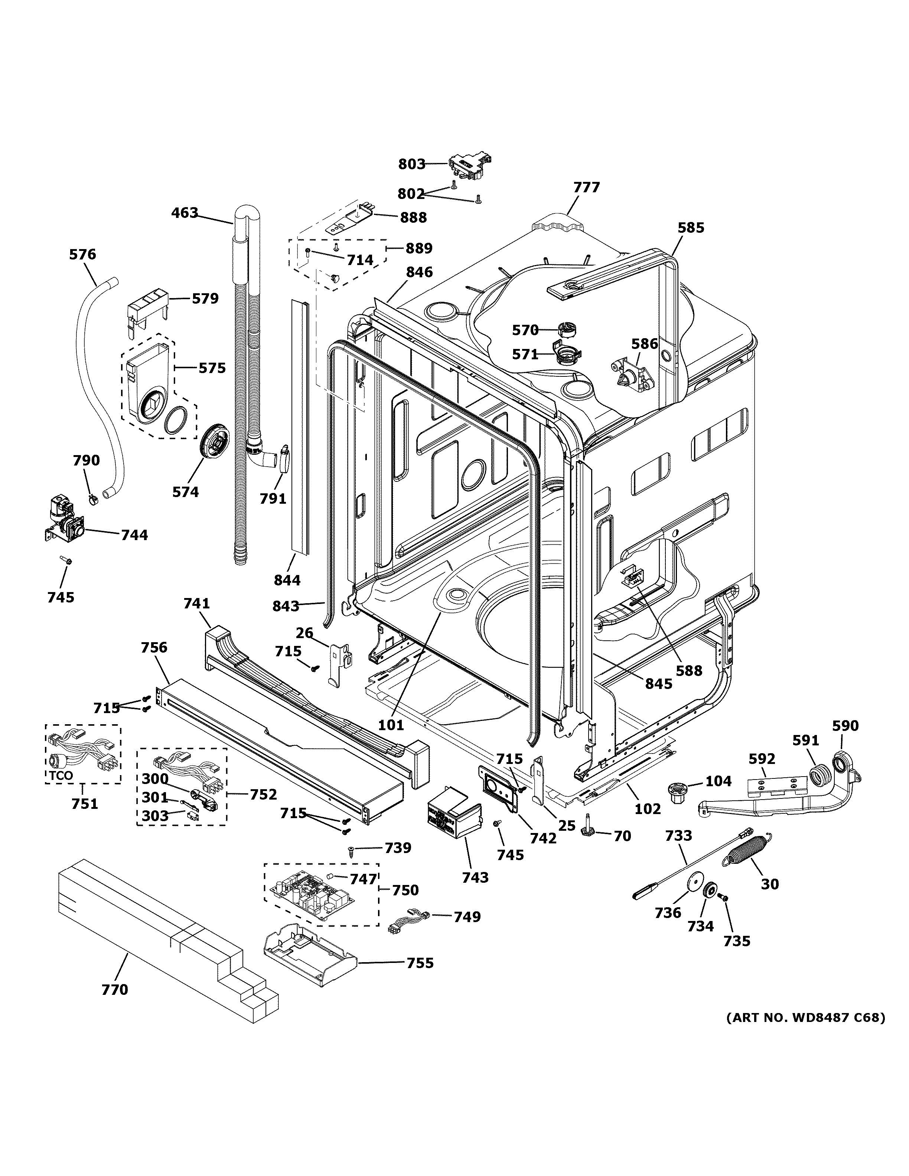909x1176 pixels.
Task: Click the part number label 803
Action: tap(412, 164)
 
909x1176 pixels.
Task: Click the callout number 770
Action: tap(115, 989)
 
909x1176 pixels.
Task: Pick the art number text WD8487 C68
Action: tap(805, 1018)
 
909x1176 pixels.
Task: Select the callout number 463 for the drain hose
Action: tap(185, 213)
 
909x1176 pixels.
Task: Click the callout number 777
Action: tap(586, 187)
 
